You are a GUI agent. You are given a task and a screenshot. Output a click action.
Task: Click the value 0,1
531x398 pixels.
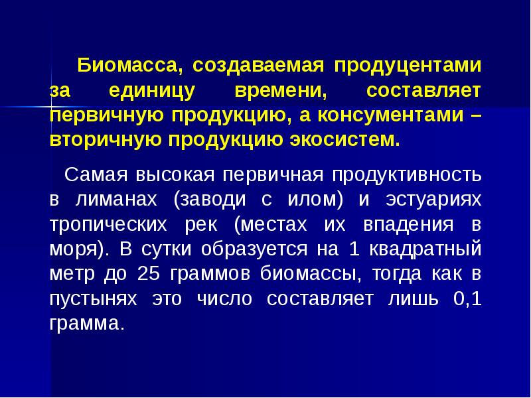click(x=467, y=299)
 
